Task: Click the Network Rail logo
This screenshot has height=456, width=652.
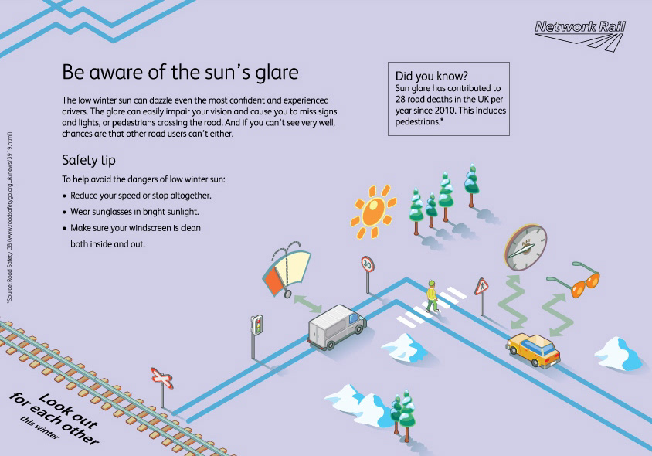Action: pos(579,36)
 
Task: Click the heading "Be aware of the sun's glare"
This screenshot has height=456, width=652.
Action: pos(179,73)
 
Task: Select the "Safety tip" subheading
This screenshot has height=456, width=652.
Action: pos(89,161)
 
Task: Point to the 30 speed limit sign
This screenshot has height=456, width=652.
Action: pos(367,264)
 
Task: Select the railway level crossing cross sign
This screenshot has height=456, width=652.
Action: pos(161,377)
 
